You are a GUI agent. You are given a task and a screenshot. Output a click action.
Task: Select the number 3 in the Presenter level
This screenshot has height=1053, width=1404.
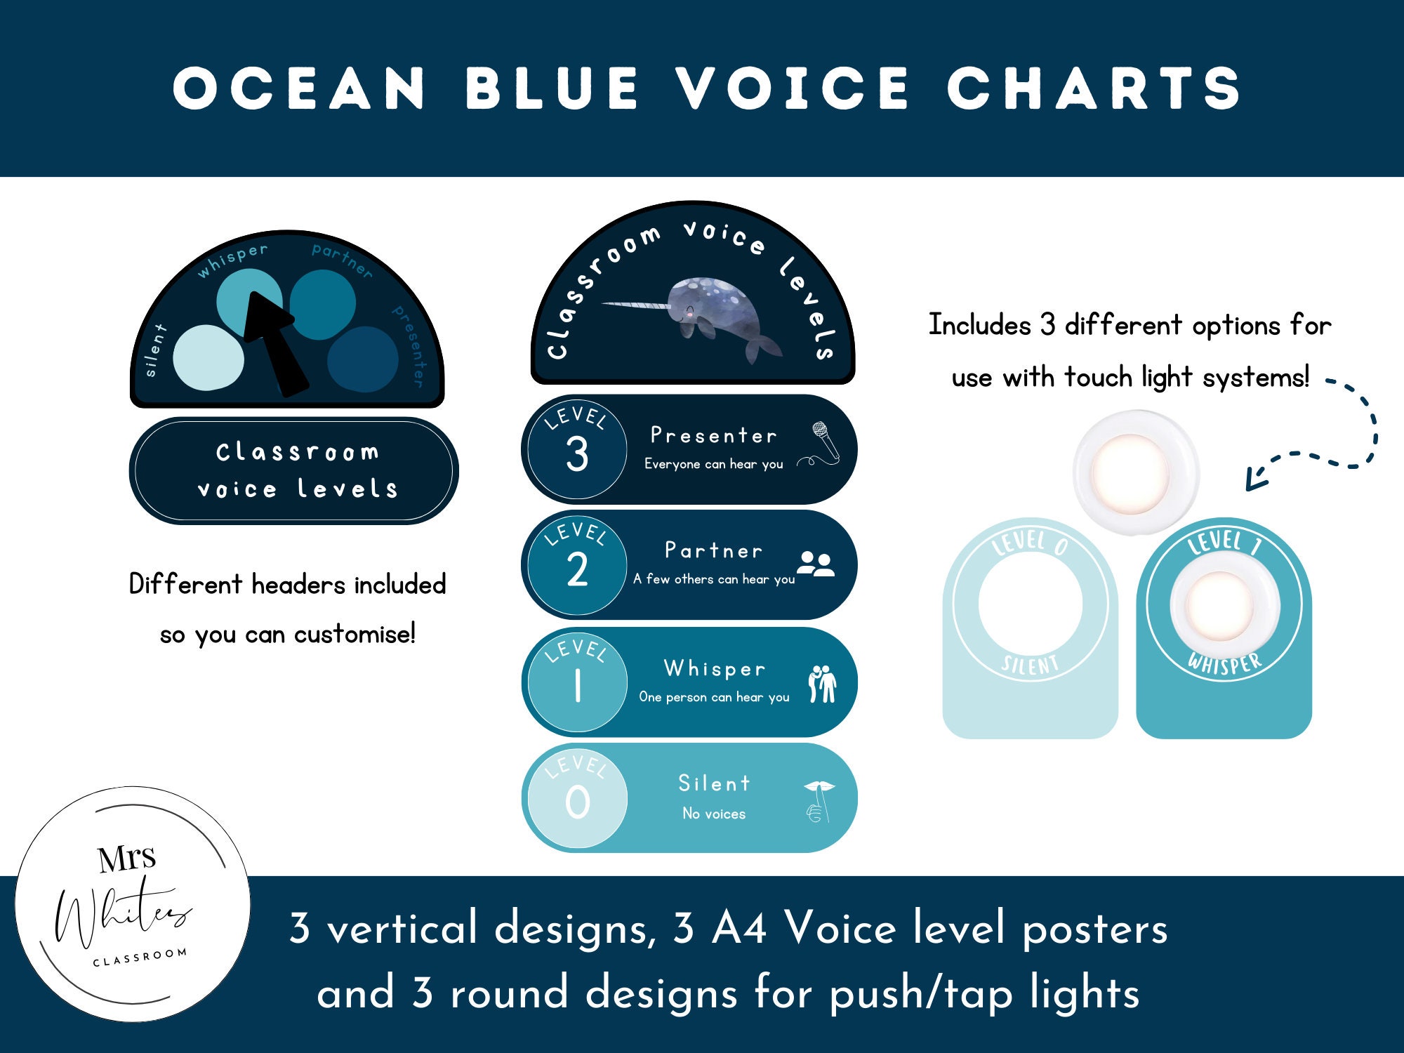pyautogui.click(x=577, y=454)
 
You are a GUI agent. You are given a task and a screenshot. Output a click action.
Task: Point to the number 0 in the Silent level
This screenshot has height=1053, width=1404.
pyautogui.click(x=577, y=802)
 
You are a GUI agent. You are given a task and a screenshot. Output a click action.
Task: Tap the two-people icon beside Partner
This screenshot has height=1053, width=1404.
pyautogui.click(x=816, y=564)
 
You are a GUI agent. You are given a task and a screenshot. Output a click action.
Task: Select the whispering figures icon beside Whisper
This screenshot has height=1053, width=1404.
pyautogui.click(x=822, y=683)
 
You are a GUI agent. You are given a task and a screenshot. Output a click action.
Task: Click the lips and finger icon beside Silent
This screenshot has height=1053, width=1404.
pyautogui.click(x=818, y=800)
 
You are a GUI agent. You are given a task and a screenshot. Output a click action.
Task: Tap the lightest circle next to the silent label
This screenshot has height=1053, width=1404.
pyautogui.click(x=208, y=358)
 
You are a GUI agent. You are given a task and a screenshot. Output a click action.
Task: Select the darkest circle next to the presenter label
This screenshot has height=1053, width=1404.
pyautogui.click(x=363, y=359)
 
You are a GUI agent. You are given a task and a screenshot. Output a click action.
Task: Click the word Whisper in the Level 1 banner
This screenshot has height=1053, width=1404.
pyautogui.click(x=715, y=668)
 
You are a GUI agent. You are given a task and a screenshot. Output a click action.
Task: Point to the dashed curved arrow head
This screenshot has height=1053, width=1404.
pyautogui.click(x=1253, y=481)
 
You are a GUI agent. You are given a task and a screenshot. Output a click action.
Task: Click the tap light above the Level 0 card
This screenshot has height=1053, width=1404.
pyautogui.click(x=1135, y=472)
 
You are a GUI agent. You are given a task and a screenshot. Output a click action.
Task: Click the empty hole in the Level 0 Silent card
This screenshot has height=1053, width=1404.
pyautogui.click(x=1030, y=604)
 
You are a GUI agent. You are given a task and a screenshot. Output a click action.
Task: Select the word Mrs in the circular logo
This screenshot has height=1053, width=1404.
pyautogui.click(x=127, y=859)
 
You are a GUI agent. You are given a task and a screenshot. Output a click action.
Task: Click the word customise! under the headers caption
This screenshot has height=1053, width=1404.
pyautogui.click(x=355, y=635)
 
